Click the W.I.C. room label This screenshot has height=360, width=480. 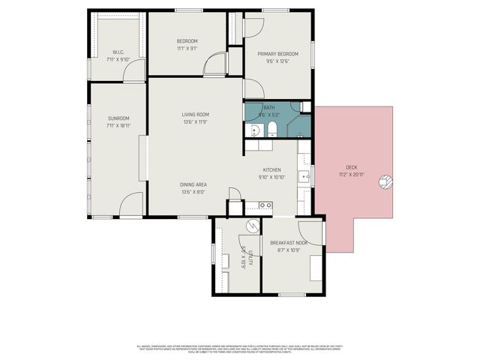point(118,52)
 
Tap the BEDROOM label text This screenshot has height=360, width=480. point(187,41)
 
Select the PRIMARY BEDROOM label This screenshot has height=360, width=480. point(278,54)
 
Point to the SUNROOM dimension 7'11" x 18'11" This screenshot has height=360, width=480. point(118,126)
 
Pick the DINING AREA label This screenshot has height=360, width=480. point(193,184)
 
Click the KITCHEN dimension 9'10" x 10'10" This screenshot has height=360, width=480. point(271,177)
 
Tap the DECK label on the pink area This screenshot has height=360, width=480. point(351,166)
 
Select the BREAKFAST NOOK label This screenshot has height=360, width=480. point(289,243)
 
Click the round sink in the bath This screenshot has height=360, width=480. point(254,131)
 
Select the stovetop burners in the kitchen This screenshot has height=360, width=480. point(265,205)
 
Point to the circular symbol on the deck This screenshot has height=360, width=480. point(385,181)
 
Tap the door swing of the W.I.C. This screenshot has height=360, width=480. point(134,71)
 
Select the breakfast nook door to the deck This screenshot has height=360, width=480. point(311,231)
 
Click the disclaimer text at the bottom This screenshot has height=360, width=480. point(240,349)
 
